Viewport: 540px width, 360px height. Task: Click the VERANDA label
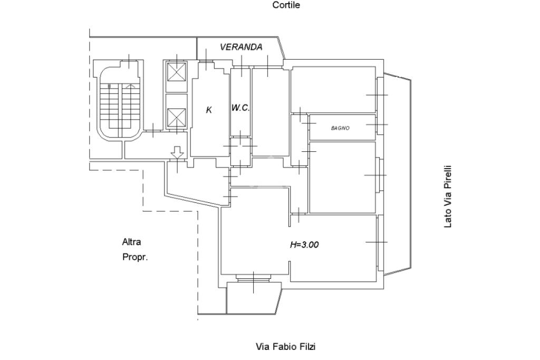click(x=241, y=47)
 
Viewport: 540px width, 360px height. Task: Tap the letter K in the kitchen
click(x=209, y=110)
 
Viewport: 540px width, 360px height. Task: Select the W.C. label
click(x=240, y=108)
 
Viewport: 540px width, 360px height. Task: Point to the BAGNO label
click(x=340, y=128)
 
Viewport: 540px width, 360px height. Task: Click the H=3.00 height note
click(x=304, y=245)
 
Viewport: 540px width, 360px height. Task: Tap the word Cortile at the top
click(x=286, y=5)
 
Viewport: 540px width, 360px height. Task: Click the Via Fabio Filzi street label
click(x=285, y=346)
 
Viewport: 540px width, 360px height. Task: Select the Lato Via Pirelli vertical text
click(x=447, y=197)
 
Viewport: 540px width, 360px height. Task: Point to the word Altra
click(x=131, y=242)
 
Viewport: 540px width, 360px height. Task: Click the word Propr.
click(x=135, y=257)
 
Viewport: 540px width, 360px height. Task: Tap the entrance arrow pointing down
click(x=177, y=153)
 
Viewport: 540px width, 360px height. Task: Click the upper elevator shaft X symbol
click(x=176, y=72)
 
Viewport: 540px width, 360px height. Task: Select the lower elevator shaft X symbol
click(x=176, y=118)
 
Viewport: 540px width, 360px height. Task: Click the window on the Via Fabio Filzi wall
click(x=254, y=278)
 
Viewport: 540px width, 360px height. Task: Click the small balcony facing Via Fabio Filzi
click(x=254, y=298)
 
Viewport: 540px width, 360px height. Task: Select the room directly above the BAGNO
click(x=333, y=90)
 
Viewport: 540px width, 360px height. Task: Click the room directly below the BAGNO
click(x=342, y=177)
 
